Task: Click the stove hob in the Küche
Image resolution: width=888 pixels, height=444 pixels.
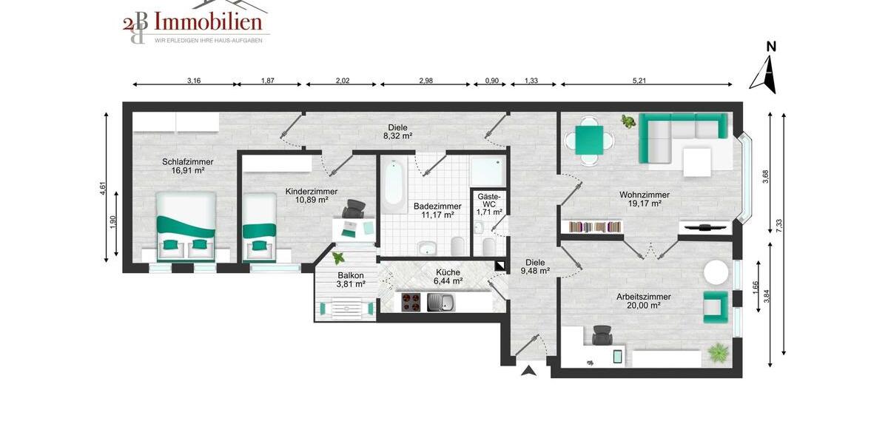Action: click(411, 302)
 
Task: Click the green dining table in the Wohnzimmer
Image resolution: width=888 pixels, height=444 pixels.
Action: click(589, 138)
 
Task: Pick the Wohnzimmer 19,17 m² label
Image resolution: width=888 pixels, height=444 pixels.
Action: click(645, 199)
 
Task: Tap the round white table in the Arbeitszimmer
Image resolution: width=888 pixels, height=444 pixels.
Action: click(716, 272)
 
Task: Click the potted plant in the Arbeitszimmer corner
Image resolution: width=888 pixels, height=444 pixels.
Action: click(718, 353)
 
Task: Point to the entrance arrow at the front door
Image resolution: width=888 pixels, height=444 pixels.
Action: click(528, 371)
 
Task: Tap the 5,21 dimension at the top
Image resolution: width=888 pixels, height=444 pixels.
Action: click(639, 81)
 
